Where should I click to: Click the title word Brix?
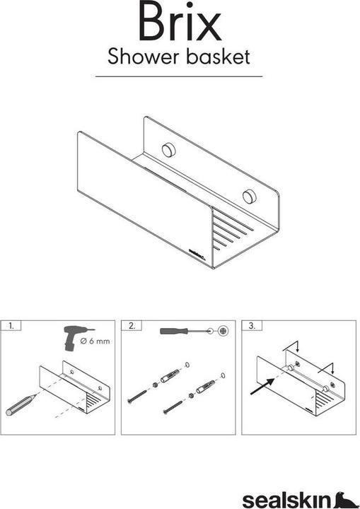[x=180, y=21]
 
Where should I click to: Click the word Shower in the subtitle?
[x=144, y=57]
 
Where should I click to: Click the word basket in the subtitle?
[x=218, y=57]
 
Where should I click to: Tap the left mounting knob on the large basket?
[x=168, y=150]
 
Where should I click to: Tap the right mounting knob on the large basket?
[x=249, y=196]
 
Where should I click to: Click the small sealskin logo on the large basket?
[x=197, y=254]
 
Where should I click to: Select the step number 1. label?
[x=11, y=326]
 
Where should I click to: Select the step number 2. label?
[x=132, y=326]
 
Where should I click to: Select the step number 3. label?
[x=252, y=326]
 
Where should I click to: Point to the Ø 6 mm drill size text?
[x=95, y=341]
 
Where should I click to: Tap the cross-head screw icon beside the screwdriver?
[x=223, y=331]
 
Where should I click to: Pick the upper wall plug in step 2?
[x=170, y=376]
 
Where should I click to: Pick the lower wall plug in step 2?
[x=205, y=386]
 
